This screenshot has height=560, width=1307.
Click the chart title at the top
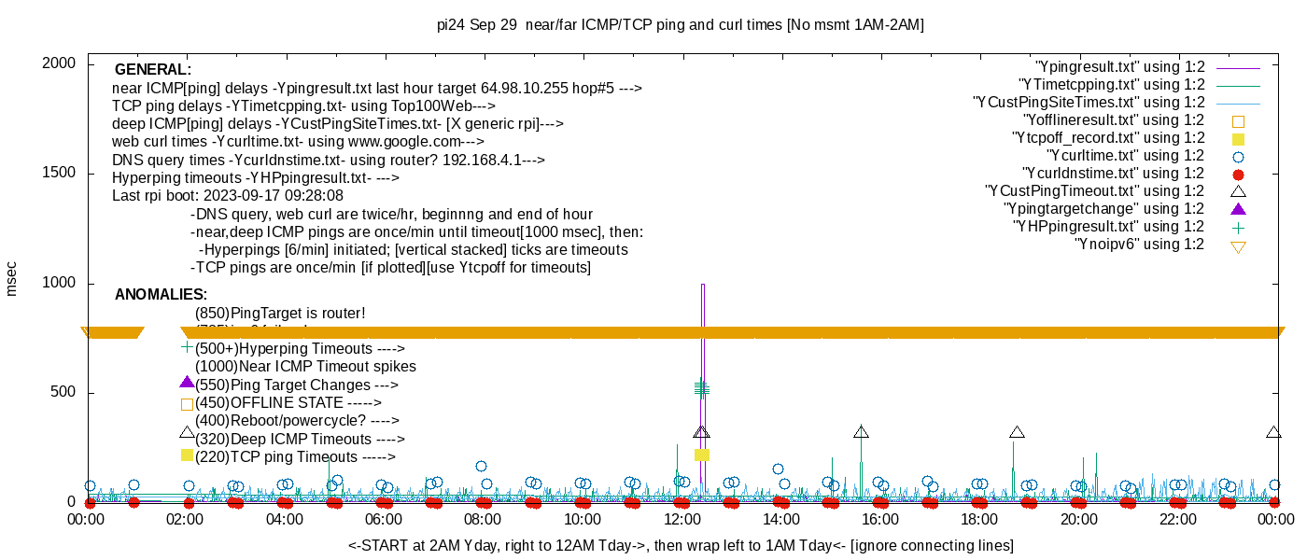pyautogui.click(x=681, y=25)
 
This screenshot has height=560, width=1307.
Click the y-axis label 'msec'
pyautogui.click(x=12, y=277)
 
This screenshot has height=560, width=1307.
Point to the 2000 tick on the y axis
pyautogui.click(x=60, y=63)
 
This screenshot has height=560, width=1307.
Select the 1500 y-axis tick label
pyautogui.click(x=60, y=174)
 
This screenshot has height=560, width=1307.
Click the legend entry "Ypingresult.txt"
pyautogui.click(x=1120, y=67)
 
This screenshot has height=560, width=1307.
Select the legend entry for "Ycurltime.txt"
pyautogui.click(x=1127, y=156)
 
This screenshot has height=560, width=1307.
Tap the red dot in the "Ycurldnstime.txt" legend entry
pyautogui.click(x=1239, y=174)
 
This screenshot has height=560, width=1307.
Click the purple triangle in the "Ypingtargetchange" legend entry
pyautogui.click(x=1239, y=209)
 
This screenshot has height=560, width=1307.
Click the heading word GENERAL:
pyautogui.click(x=153, y=70)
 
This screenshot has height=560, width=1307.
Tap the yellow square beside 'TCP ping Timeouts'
pyautogui.click(x=187, y=455)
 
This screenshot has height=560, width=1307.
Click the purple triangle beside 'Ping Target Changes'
pyautogui.click(x=187, y=383)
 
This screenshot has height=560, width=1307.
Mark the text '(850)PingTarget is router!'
pyautogui.click(x=280, y=314)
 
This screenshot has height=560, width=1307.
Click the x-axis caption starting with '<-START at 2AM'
pyautogui.click(x=681, y=545)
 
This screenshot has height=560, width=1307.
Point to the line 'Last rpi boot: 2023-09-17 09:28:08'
pyautogui.click(x=228, y=196)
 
